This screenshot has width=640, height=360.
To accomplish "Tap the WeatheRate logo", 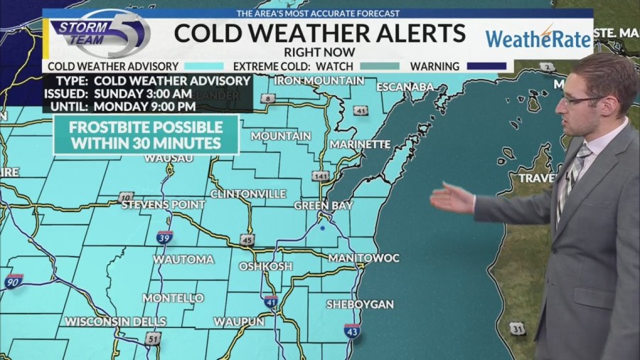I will pos(538,37).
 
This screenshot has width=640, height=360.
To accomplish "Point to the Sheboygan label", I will pos(360,305).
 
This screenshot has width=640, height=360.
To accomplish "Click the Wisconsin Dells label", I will pos(115,322).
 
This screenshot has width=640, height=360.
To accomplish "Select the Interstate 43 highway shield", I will pos(351,330).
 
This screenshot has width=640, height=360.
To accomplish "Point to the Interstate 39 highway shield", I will pos(164,237).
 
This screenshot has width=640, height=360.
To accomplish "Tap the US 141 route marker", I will pos(323,176).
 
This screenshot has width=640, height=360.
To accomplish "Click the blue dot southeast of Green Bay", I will pos(322,229).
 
